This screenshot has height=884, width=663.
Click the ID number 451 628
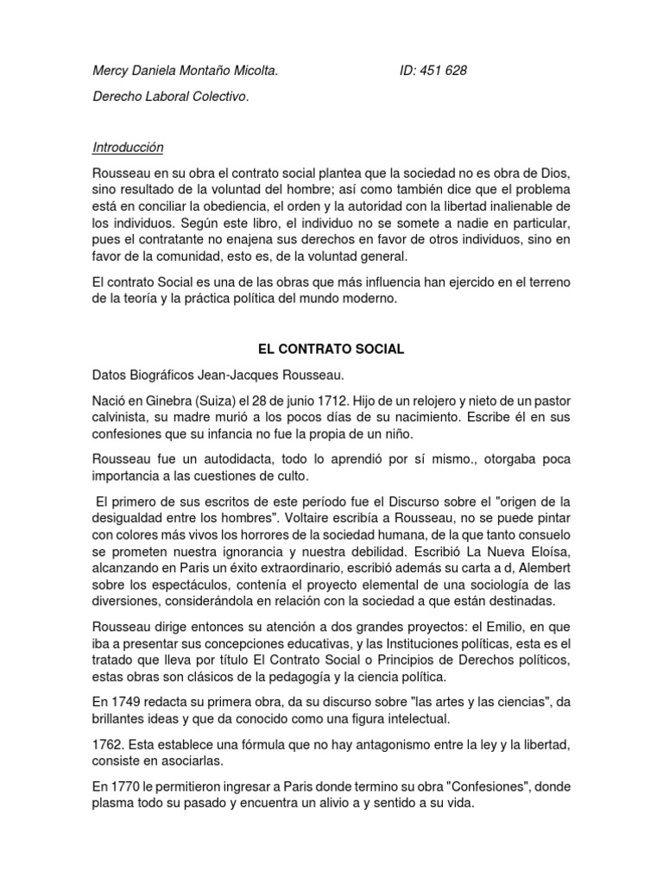pyautogui.click(x=445, y=71)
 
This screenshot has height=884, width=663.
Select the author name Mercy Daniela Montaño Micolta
pyautogui.click(x=185, y=71)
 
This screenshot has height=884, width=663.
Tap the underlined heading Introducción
pyautogui.click(x=127, y=148)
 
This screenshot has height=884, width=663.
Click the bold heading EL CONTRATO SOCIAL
pyautogui.click(x=331, y=350)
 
